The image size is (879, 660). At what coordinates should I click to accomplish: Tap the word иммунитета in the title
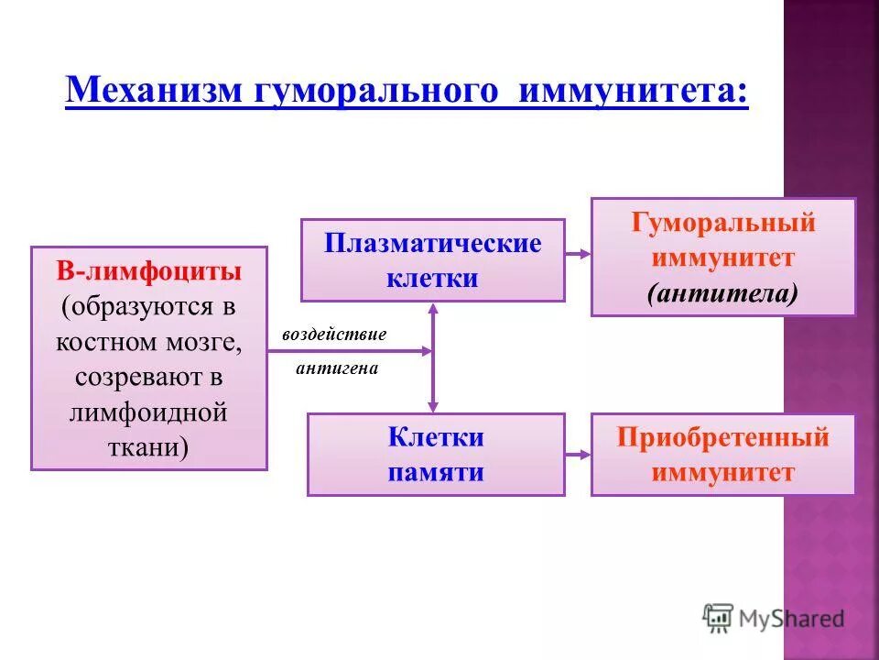(633, 92)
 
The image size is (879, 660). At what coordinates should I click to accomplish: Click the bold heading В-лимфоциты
(149, 272)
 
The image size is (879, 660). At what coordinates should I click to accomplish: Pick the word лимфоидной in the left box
(149, 412)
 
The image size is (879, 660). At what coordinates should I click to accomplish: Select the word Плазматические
(432, 244)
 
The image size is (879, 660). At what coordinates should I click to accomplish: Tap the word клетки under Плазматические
(432, 278)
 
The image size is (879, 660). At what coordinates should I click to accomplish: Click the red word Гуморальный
(722, 223)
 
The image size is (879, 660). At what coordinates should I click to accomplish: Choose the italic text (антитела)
(722, 293)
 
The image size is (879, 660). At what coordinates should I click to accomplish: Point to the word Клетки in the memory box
(436, 437)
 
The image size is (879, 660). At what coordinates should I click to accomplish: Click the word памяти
(436, 472)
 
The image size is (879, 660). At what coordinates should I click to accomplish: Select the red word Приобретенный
(722, 437)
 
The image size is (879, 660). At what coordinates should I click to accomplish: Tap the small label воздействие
(334, 334)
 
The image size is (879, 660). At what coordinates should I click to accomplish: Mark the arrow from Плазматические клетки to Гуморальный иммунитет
(578, 254)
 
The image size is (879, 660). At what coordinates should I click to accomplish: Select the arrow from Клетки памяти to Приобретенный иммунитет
(578, 454)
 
